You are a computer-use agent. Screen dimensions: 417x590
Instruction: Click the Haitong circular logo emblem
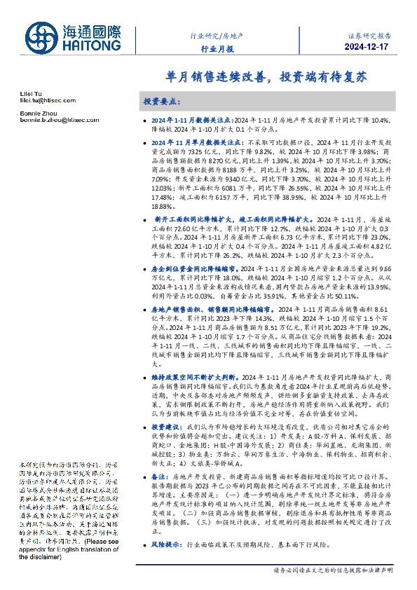43,38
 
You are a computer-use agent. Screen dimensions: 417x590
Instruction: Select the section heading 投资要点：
162,102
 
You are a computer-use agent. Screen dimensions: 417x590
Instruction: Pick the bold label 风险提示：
167,544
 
